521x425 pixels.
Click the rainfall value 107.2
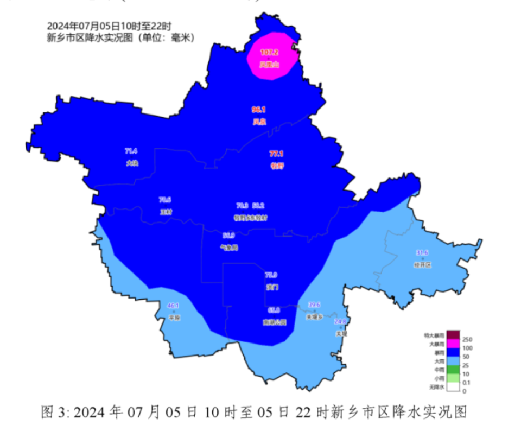(x=269, y=53)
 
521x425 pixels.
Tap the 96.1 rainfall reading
(x=259, y=110)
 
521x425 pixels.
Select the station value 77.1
(x=277, y=154)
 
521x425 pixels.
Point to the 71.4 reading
(x=131, y=151)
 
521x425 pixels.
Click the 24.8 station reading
(x=340, y=322)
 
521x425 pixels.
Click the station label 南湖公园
(x=274, y=322)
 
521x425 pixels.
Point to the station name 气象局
(x=229, y=248)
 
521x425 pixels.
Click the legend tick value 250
(x=468, y=339)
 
